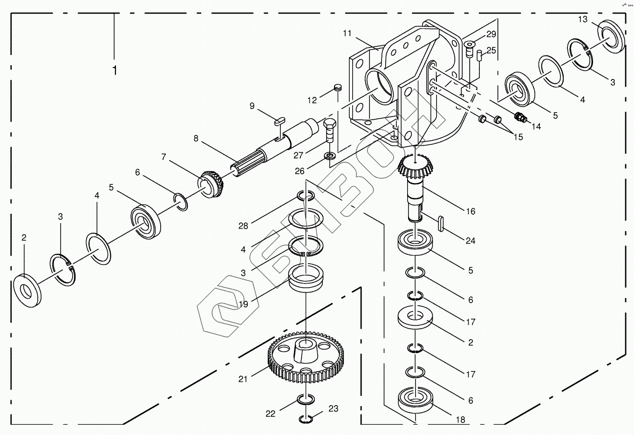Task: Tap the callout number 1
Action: [x=114, y=70]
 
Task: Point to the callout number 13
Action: [x=583, y=19]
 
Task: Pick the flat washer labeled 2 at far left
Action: [x=27, y=290]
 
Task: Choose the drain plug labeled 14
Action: [x=520, y=116]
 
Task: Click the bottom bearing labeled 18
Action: [x=415, y=400]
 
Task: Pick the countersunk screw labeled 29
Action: [x=470, y=47]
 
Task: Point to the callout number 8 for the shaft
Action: [x=196, y=138]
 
